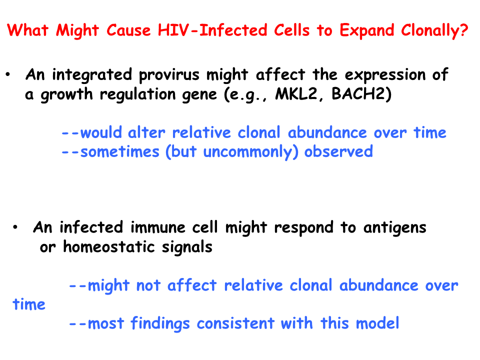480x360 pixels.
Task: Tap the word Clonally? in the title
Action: [x=434, y=30]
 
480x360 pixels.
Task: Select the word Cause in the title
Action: [x=128, y=30]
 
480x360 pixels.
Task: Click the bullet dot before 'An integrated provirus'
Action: [x=7, y=74]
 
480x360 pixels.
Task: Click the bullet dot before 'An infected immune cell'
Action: [x=15, y=227]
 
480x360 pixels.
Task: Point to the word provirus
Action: [x=169, y=75]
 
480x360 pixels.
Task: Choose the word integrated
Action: [x=92, y=75]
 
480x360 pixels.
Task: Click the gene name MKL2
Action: [x=296, y=93]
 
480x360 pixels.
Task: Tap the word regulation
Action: [x=138, y=94]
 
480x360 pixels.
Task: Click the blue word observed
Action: [x=338, y=151]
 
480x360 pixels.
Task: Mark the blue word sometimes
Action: [x=119, y=151]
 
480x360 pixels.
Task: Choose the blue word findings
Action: [x=160, y=324]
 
